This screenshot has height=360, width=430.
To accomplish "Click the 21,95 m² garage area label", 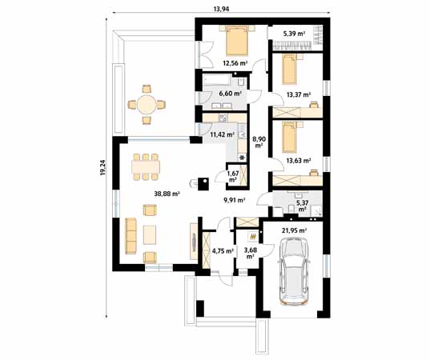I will click(294, 232).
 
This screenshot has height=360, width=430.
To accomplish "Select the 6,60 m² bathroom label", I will click(231, 94).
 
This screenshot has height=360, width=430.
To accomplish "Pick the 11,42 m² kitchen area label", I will click(221, 135).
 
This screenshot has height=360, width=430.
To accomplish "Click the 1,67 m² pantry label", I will click(232, 176).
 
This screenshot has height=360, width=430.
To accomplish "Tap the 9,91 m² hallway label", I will click(234, 202).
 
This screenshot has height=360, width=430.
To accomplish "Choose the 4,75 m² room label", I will click(221, 251).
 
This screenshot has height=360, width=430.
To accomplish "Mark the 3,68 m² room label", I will click(251, 254).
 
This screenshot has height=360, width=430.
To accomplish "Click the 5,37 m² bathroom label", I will click(303, 206).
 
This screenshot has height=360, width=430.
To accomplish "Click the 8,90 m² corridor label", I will click(259, 142).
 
